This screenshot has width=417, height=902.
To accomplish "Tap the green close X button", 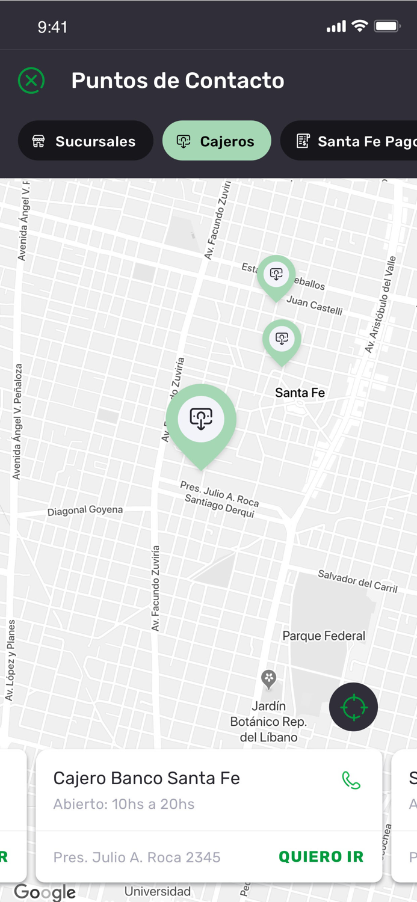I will coord(31,81).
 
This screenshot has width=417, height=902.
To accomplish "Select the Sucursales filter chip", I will coord(85,141).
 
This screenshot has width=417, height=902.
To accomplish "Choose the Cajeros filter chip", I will coord(217,141).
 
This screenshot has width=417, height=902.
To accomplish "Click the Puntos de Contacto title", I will coord(178,81).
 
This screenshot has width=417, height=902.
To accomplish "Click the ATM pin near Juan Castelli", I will coord(276,276).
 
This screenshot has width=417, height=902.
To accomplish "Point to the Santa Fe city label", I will coord(300,393).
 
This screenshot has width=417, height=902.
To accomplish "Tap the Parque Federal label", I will coord(324,636).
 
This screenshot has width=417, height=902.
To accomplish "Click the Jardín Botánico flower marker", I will coord(269,678).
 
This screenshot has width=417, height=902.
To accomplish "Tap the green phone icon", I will coord(351,781).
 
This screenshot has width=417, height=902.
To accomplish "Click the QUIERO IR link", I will coord(321,857).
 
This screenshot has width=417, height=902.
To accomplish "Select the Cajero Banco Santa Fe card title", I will coord(146,778).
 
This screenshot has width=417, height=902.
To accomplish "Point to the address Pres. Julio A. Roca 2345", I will coord(137,857).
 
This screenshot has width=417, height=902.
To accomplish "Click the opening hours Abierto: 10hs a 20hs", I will coord(123,804).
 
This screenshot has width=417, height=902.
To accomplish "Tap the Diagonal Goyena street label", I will coord(85,510).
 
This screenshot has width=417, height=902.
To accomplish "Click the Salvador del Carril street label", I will coord(357,581).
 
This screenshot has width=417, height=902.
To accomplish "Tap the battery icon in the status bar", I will coord(387,26).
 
